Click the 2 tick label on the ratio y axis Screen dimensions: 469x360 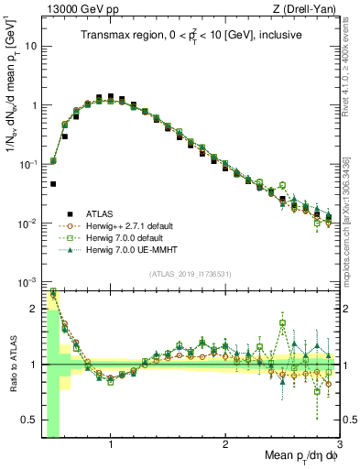pos(35,309)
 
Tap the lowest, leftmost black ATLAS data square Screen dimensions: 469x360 pos(53,184)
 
